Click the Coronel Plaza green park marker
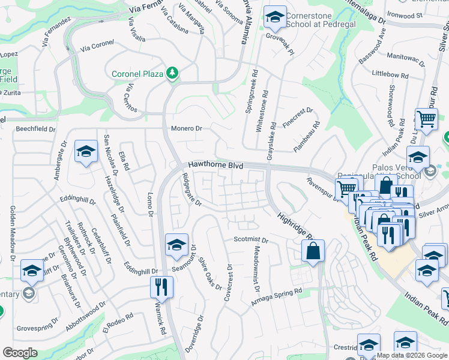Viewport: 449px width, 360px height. click(173, 73)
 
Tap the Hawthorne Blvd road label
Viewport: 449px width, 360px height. click(215, 164)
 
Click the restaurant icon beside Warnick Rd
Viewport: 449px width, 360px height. click(161, 286)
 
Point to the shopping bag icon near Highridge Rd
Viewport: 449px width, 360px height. click(313, 252)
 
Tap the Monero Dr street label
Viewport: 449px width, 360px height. click(187, 128)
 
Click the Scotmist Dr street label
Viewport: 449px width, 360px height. click(250, 239)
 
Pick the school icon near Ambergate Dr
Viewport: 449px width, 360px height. click(86, 152)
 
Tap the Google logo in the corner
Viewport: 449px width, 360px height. click(19, 352)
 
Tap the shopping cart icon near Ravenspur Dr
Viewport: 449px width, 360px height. click(346, 190)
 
